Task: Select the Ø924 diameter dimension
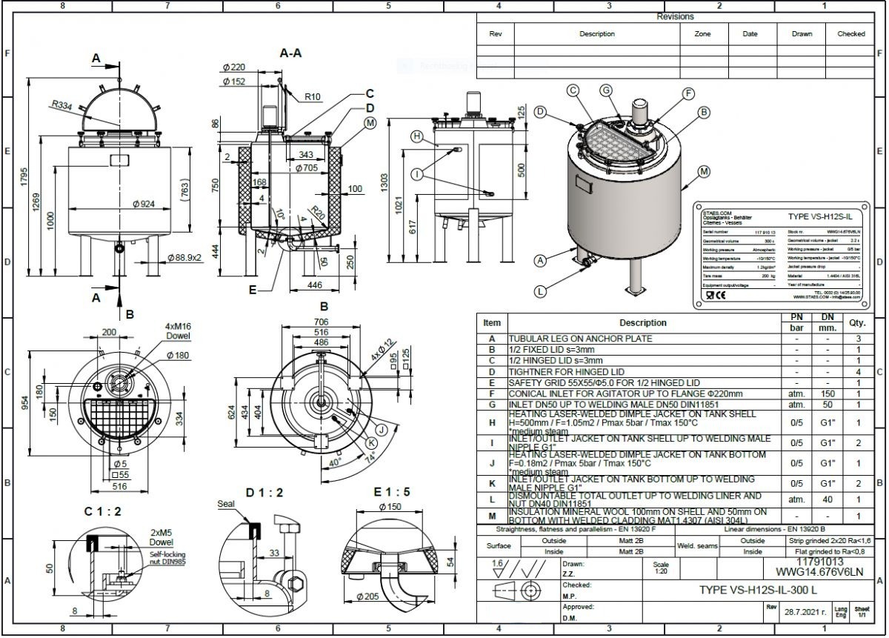tap(143, 204)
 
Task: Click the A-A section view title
tap(290, 53)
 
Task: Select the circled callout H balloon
tap(417, 137)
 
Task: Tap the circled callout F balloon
tap(688, 93)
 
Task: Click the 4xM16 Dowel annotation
tap(179, 330)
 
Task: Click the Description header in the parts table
tap(643, 323)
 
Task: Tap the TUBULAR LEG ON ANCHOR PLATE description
tap(581, 339)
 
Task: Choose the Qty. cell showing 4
tap(858, 371)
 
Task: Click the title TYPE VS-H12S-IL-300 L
tap(759, 591)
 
